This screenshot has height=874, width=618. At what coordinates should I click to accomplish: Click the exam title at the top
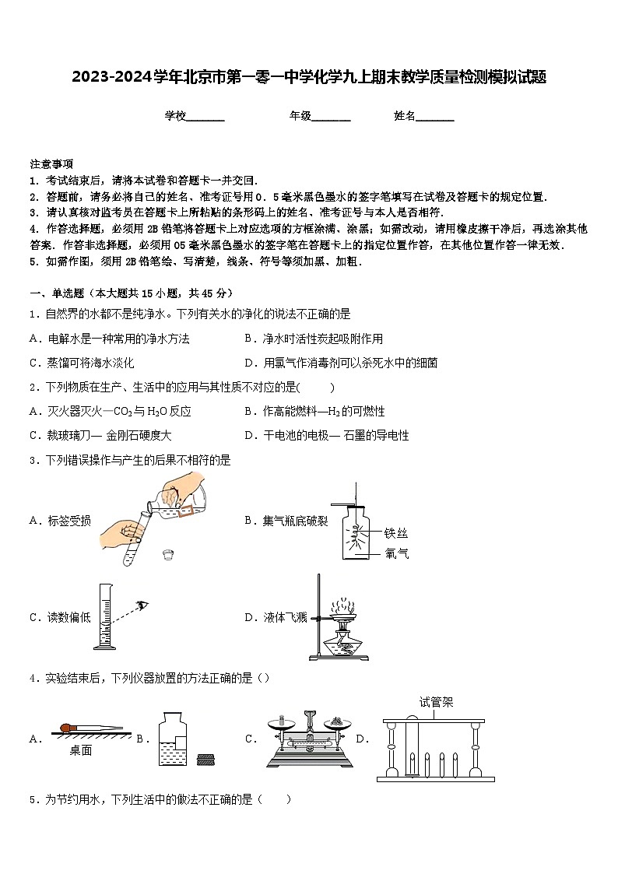pyautogui.click(x=309, y=77)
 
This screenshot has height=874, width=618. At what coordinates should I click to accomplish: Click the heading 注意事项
pyautogui.click(x=51, y=163)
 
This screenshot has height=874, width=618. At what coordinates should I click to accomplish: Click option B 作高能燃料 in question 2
pyautogui.click(x=314, y=412)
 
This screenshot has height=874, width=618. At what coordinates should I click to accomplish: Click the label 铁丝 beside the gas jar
pyautogui.click(x=395, y=533)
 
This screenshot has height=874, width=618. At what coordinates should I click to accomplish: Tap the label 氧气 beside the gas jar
pyautogui.click(x=395, y=553)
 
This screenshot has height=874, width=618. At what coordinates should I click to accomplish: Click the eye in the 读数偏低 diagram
pyautogui.click(x=142, y=604)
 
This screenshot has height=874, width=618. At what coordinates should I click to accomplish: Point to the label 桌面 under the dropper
pyautogui.click(x=80, y=750)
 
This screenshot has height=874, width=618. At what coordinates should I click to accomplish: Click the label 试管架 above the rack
pyautogui.click(x=435, y=702)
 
